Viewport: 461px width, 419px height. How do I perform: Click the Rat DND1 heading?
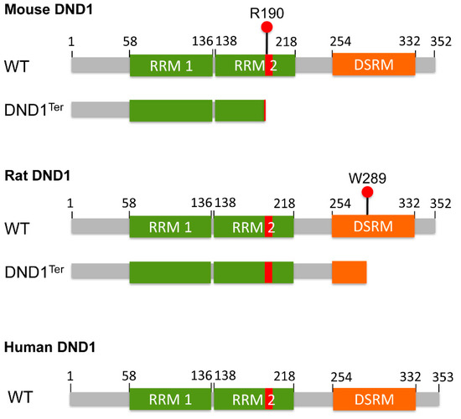click(x=34, y=177)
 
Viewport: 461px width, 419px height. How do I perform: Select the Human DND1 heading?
click(x=44, y=345)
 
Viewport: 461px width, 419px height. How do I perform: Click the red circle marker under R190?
click(x=267, y=27)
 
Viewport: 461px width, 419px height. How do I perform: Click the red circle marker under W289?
click(x=367, y=193)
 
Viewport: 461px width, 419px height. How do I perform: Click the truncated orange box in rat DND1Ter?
click(x=349, y=272)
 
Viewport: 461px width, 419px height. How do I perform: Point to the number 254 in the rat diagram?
click(x=340, y=204)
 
